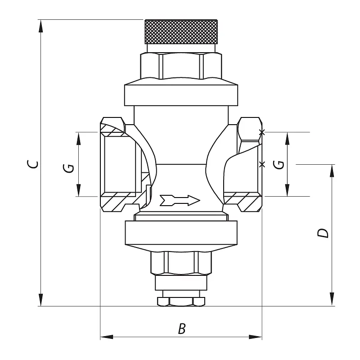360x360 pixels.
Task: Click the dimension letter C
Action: coord(32,164)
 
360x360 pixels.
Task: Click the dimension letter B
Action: coord(182,328)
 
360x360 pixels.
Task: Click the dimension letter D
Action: coord(323,233)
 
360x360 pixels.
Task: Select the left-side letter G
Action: coord(68,168)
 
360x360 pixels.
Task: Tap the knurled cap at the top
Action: coord(181,31)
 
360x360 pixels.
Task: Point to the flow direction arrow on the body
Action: coord(180,200)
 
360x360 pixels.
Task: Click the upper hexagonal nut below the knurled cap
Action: coord(181,66)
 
